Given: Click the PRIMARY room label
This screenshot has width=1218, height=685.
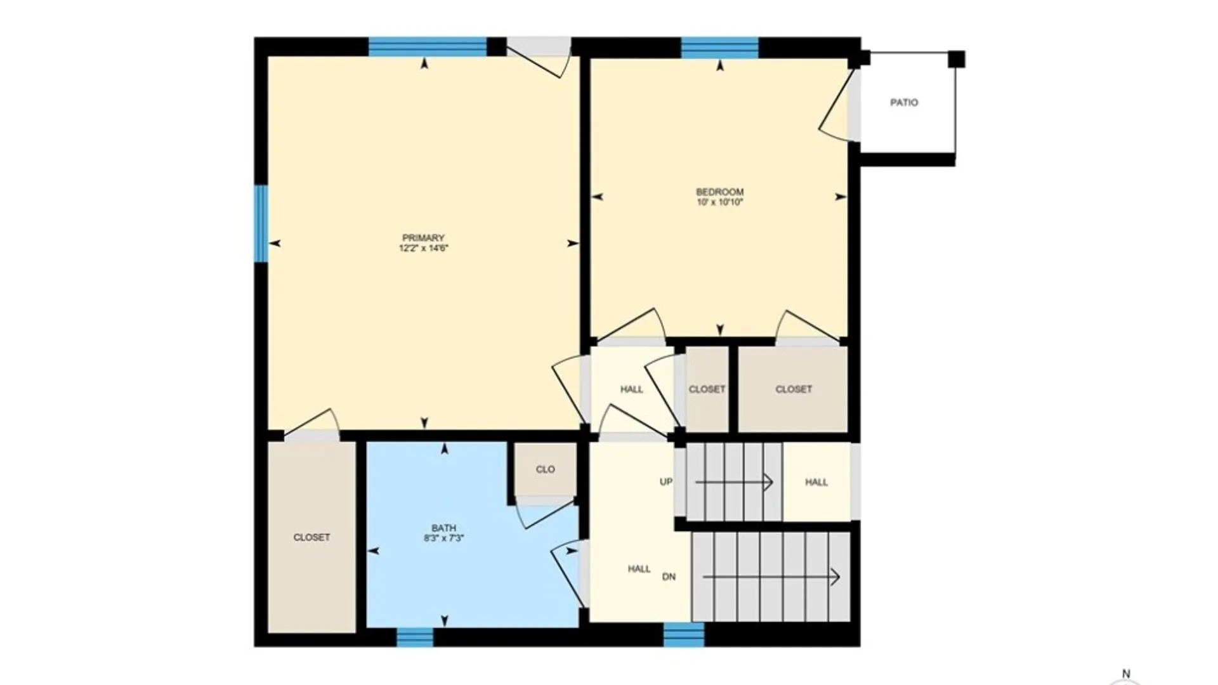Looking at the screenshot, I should click(423, 238).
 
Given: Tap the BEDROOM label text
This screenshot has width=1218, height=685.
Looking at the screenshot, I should click(719, 192).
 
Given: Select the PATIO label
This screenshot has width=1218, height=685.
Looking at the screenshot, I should click(903, 102).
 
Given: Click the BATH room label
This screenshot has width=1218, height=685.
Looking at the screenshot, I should click(443, 528).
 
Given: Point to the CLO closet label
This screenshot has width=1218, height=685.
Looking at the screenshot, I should click(545, 469).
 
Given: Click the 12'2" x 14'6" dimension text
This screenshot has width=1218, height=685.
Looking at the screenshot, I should click(423, 249).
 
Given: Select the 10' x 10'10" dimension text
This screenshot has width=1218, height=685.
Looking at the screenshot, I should click(719, 202).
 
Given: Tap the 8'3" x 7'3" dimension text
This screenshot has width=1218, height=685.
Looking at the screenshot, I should click(443, 538).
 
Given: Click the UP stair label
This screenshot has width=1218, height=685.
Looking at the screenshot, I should click(665, 481).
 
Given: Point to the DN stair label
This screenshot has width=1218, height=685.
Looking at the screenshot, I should click(669, 577).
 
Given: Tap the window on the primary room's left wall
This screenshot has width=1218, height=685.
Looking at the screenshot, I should click(261, 223).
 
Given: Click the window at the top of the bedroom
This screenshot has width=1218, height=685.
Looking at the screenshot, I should click(719, 48).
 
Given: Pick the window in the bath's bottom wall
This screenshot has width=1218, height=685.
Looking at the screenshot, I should click(415, 637).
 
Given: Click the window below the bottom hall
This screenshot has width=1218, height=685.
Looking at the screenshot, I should click(684, 635).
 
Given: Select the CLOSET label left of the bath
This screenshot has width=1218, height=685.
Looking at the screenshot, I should click(311, 537).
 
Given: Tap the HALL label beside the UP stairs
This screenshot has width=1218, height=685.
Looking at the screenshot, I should click(816, 482).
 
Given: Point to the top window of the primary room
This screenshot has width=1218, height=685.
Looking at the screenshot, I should click(428, 48).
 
